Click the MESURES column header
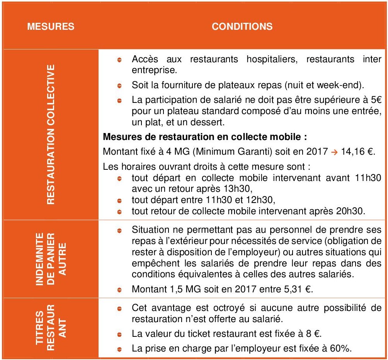[51, 27]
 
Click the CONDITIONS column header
[242, 27]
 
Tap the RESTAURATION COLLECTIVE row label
[51, 134]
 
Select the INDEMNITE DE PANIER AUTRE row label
[51, 258]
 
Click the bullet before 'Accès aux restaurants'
[120, 60]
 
